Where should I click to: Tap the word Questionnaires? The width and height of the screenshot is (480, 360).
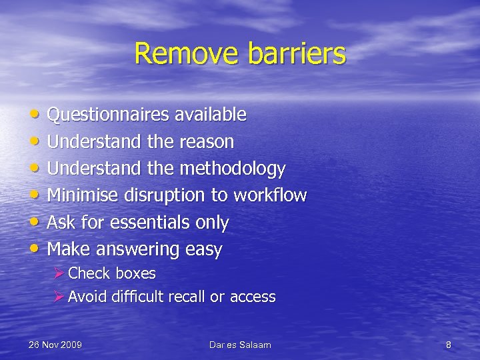[109, 115]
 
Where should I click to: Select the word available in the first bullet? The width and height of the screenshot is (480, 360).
[211, 115]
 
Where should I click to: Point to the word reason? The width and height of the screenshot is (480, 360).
[207, 142]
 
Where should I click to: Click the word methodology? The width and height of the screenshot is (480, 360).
[233, 169]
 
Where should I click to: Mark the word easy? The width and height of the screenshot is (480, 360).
[204, 250]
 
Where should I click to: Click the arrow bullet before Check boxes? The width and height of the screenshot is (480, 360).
[59, 273]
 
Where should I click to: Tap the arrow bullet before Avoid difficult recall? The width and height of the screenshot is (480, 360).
[59, 297]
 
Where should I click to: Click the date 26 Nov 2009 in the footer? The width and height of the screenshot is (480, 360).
[55, 345]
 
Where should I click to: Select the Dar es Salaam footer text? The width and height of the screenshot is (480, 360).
[240, 345]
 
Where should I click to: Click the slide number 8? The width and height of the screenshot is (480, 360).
[448, 345]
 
